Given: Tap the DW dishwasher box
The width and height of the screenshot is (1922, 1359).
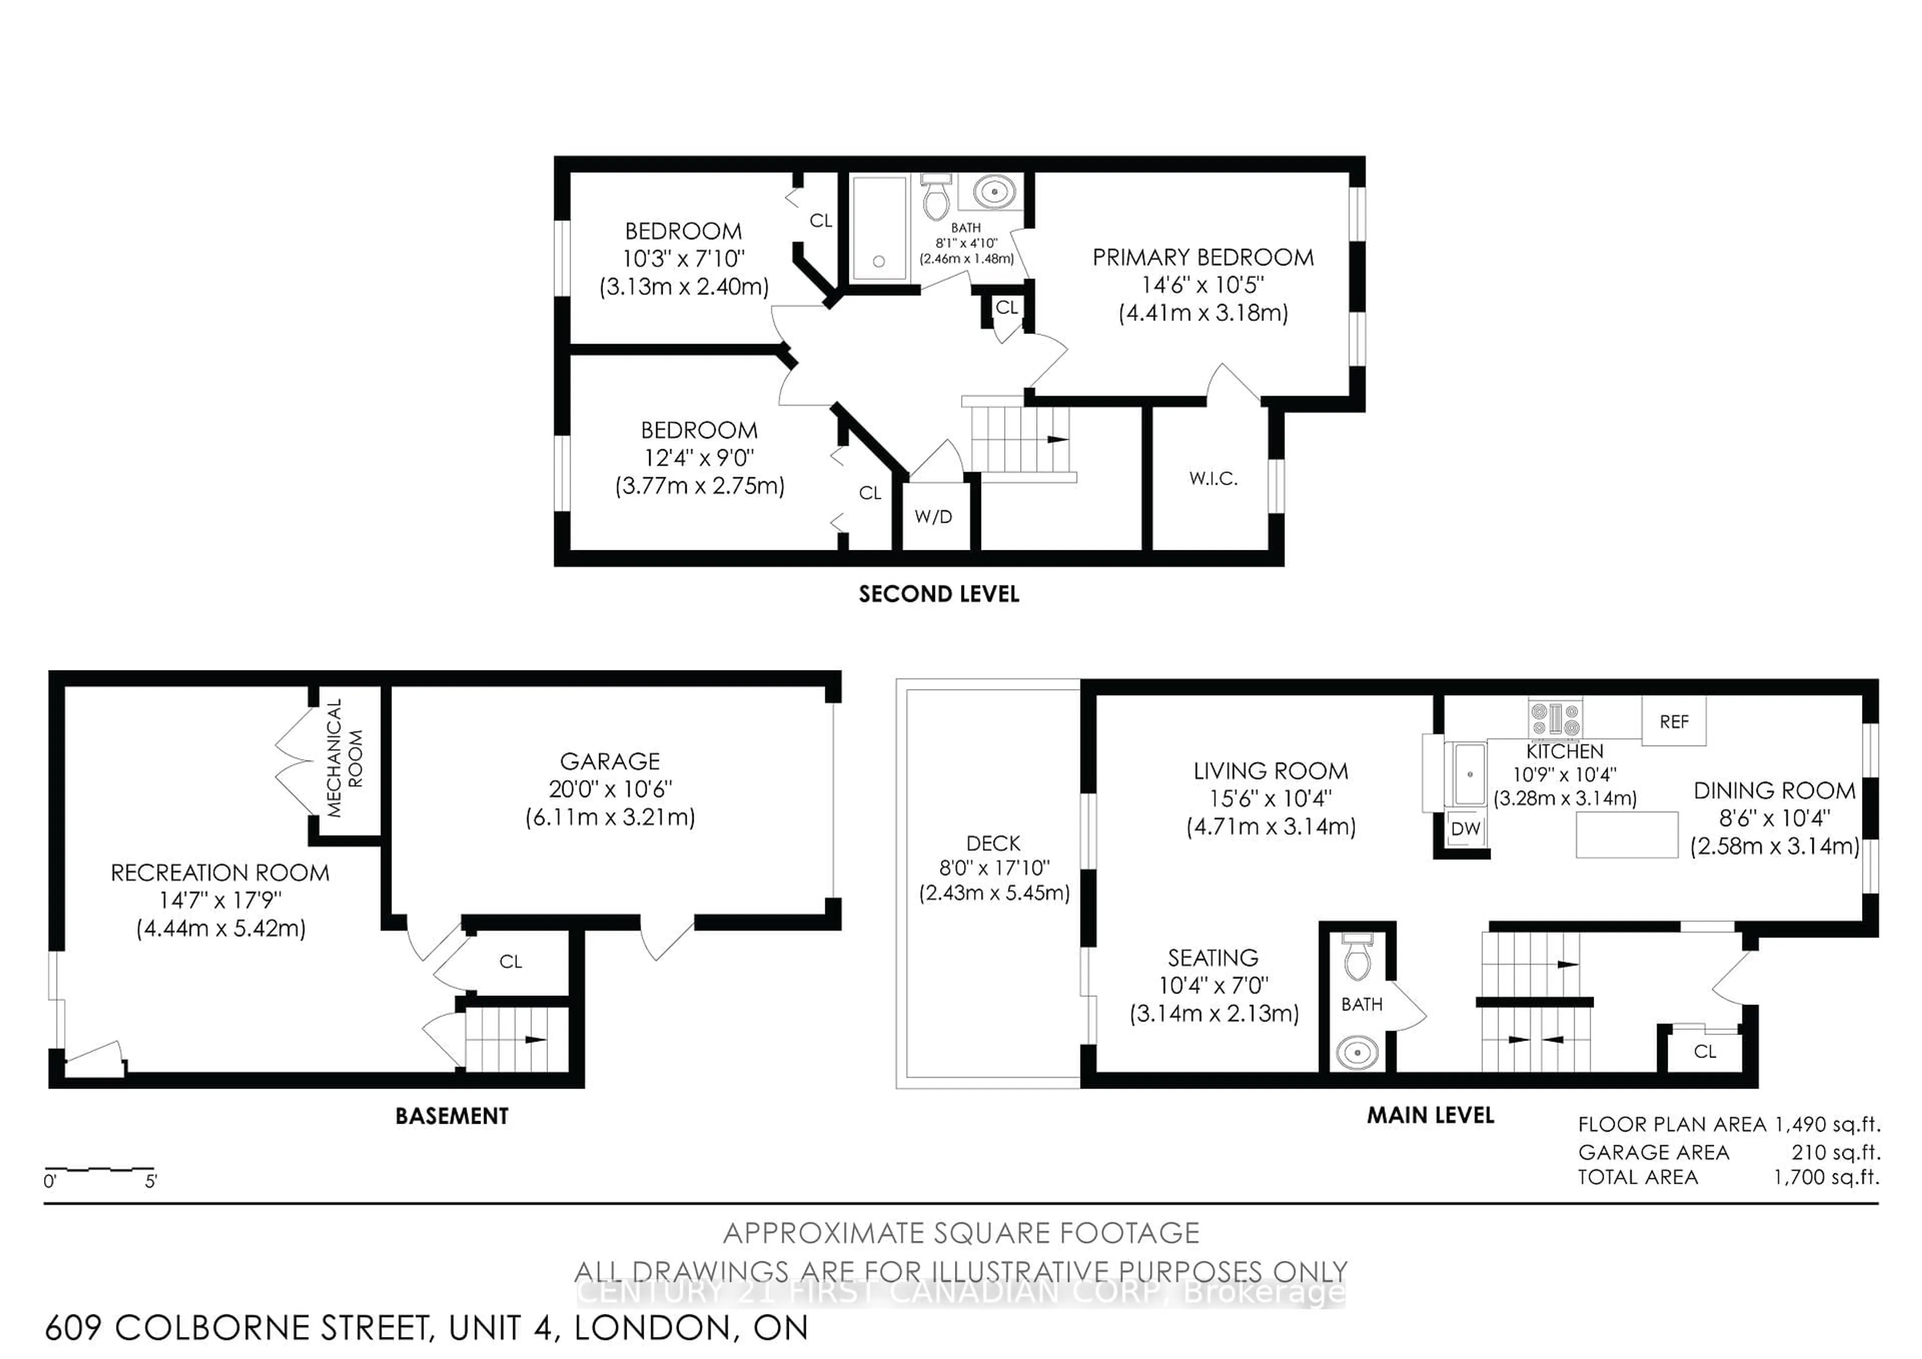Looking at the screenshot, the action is pos(1466,828).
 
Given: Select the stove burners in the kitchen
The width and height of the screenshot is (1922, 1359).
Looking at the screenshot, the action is pos(1555,719).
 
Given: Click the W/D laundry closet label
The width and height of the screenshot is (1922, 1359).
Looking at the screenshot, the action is pos(933,517).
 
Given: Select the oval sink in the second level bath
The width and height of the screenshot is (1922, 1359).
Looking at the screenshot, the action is pos(995,192).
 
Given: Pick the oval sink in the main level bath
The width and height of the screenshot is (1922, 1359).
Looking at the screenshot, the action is pos(1357,1051).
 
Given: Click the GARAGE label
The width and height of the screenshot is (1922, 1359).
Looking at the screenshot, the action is pos(610,761).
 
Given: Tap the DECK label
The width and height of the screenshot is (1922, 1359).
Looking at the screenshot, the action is pos(994,843).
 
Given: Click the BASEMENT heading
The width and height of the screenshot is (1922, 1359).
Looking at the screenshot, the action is pos(452,1116).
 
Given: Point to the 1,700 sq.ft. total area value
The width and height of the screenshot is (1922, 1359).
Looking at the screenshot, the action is pos(1826,1177).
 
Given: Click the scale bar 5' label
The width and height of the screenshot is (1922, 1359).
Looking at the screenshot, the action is pos(151,1181).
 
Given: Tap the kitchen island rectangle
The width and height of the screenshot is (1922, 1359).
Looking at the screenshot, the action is pos(1627,835).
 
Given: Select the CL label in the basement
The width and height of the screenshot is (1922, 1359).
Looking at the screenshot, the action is pos(511,962).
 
